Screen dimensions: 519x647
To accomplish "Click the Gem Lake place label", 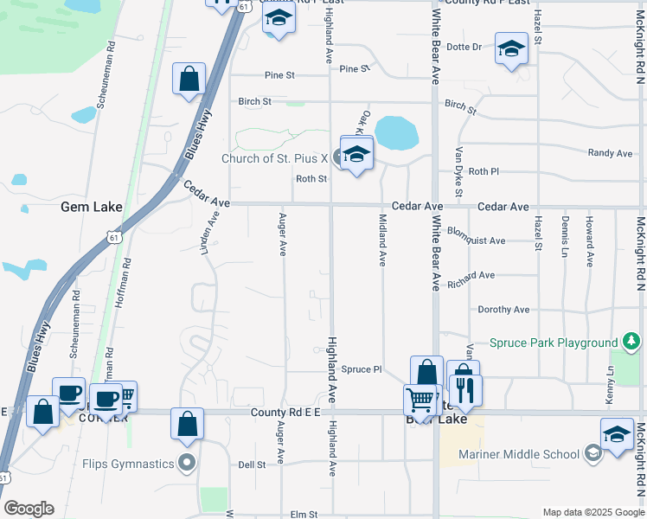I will pyautogui.click(x=91, y=208).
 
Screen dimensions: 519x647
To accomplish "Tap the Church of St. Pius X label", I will pyautogui.click(x=276, y=158).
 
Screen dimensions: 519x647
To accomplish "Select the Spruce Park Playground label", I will pyautogui.click(x=553, y=343).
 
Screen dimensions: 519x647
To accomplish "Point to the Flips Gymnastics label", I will pyautogui.click(x=128, y=464).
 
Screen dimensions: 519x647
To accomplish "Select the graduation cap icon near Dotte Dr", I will pyautogui.click(x=511, y=48).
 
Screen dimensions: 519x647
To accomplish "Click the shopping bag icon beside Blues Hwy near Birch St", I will pyautogui.click(x=189, y=80).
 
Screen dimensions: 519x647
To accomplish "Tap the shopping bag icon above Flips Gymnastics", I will pyautogui.click(x=187, y=424).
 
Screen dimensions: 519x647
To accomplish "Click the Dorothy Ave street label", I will pyautogui.click(x=503, y=310).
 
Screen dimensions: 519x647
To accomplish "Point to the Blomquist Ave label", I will pyautogui.click(x=476, y=240).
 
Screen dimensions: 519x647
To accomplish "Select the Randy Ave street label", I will pyautogui.click(x=610, y=153).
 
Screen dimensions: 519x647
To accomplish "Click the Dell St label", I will pyautogui.click(x=252, y=465).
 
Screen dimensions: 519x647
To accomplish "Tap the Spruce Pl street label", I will pyautogui.click(x=361, y=369).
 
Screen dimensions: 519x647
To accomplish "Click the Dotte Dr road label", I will pyautogui.click(x=464, y=48).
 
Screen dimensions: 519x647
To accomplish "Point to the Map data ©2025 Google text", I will pyautogui.click(x=593, y=512).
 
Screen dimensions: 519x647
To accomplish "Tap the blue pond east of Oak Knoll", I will pyautogui.click(x=397, y=132).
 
